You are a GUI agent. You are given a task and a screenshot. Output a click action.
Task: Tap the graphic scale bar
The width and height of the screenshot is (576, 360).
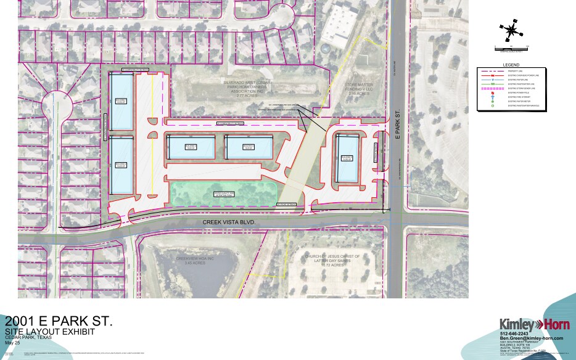click(511, 47)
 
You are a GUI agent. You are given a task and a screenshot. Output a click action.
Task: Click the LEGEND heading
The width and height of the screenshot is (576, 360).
click(512, 65)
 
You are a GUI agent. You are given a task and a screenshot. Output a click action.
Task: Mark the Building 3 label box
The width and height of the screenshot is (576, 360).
click(191, 147)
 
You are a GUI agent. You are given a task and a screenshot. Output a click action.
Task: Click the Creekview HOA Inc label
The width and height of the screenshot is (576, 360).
click(194, 261)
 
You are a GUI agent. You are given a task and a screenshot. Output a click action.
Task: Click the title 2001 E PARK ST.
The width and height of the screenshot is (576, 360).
click(59, 321)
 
